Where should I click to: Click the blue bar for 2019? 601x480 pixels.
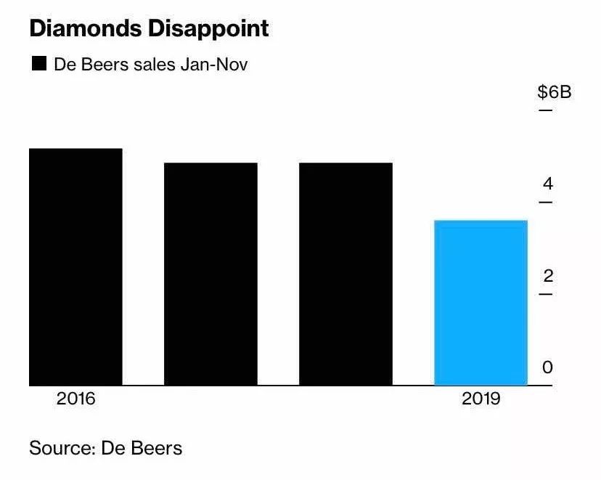pos(481,303)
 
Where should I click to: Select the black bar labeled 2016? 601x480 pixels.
pos(76,267)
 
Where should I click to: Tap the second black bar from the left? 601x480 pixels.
pos(210,274)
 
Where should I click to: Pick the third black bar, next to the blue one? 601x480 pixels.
pos(346,274)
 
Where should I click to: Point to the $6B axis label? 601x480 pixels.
pos(555,92)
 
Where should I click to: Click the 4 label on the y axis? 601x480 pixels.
pos(548,184)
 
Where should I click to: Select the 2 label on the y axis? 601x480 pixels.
pos(548,276)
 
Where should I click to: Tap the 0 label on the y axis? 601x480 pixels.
pos(548,367)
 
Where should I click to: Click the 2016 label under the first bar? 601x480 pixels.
pos(76,399)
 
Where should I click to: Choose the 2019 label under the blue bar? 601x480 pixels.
pos(481,399)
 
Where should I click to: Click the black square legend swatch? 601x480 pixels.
pos(39,63)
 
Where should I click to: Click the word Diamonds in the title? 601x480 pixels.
pos(86,28)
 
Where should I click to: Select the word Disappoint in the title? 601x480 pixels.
pos(208,29)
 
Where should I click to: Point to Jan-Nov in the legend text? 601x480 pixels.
pos(214,65)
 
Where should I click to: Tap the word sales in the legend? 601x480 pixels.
pos(155,65)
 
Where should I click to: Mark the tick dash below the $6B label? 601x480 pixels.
pos(545,110)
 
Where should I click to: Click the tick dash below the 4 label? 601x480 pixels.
pos(545,202)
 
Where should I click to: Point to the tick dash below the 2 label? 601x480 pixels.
pos(545,294)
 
